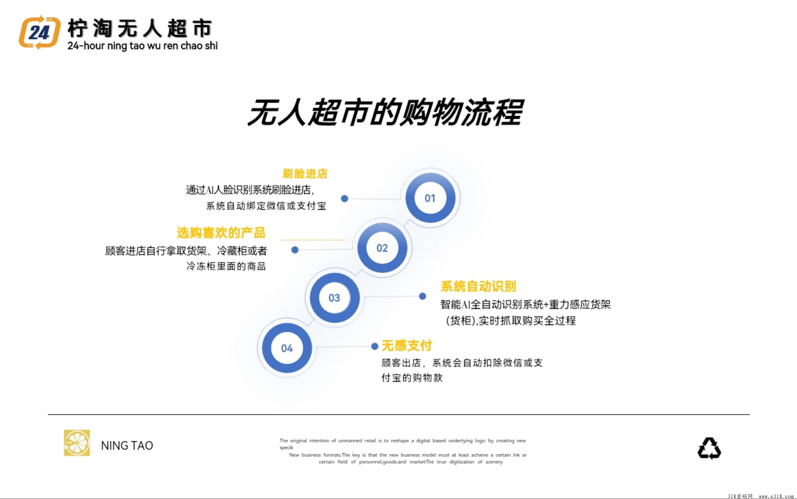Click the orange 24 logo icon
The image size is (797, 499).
click(x=40, y=32)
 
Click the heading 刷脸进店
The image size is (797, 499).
click(x=305, y=174)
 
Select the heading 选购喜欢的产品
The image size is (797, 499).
click(x=221, y=233)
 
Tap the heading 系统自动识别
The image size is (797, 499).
click(x=478, y=286)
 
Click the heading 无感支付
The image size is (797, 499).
click(x=407, y=346)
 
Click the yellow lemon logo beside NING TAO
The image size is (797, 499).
click(x=77, y=443)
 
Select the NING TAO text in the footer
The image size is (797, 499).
click(x=127, y=446)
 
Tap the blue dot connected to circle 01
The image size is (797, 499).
click(x=345, y=198)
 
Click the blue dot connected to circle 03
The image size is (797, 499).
click(x=422, y=296)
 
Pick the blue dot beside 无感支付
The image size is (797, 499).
click(x=375, y=346)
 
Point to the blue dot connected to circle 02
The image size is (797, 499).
click(x=295, y=250)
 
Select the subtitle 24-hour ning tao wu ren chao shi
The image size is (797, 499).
click(x=142, y=46)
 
